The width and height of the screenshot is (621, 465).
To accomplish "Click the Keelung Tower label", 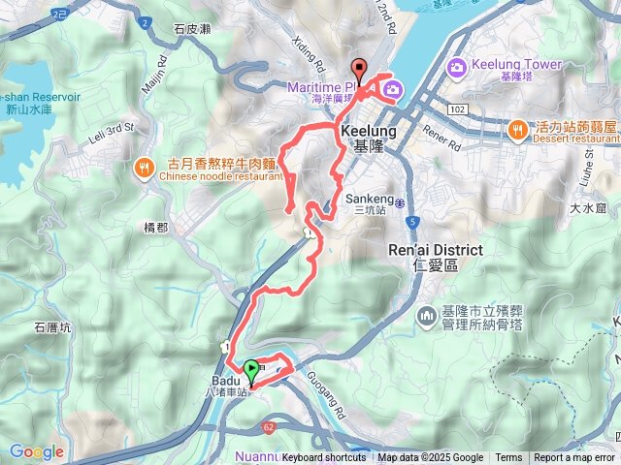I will point(516,64).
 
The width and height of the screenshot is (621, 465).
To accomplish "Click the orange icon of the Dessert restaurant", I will point(518,128).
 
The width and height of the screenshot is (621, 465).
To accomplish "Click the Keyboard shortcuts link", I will point(325,458).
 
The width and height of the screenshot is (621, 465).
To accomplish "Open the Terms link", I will point(508,458).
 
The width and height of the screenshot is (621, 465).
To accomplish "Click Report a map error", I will point(574,458).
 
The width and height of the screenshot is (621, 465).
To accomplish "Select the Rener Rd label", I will point(443,134).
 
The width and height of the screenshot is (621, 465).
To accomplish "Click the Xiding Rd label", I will point(309,53).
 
